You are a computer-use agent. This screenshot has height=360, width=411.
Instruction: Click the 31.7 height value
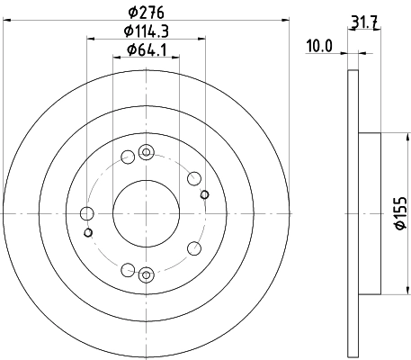pos(362,22)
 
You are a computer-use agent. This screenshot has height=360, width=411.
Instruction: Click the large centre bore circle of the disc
pos(147,213)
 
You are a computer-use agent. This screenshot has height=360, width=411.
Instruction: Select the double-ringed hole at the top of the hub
pos(147,153)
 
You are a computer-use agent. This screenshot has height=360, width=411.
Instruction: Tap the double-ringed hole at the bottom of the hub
pos(147,274)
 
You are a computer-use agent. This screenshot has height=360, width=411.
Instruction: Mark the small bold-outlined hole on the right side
pos(204,194)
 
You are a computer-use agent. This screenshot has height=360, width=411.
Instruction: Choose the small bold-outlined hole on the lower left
pos(88,232)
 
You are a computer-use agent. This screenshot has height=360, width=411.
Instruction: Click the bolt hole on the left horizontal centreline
pos(87,213)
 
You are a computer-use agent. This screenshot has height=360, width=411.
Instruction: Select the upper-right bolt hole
pos(193,177)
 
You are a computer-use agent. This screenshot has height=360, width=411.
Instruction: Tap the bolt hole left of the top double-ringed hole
pos(128,157)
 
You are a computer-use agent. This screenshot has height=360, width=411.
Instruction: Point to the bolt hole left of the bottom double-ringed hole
pos(128,269)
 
